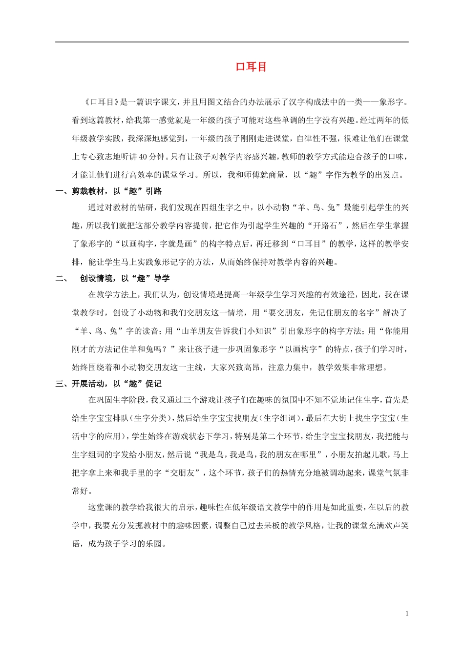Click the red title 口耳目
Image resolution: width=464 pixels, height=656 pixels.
point(251,67)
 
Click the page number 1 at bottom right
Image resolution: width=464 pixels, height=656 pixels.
point(407,614)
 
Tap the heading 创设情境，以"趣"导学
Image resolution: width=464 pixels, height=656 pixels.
point(125,278)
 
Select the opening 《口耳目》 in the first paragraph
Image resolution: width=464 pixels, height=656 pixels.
point(101,102)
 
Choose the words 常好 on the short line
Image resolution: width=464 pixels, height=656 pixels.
point(80,491)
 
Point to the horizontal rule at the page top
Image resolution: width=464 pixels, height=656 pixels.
point(232,42)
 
